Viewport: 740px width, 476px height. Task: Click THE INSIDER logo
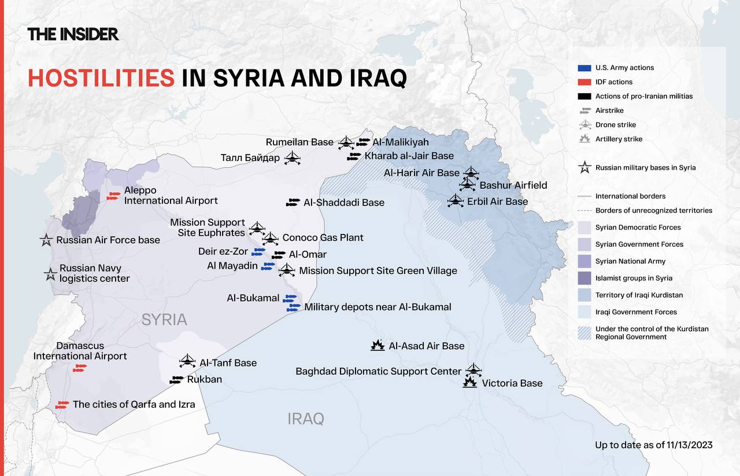pyautogui.click(x=73, y=34)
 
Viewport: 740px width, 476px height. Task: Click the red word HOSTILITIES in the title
pyautogui.click(x=101, y=78)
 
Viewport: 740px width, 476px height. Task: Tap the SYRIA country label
pyautogui.click(x=164, y=320)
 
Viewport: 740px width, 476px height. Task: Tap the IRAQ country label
pyautogui.click(x=306, y=419)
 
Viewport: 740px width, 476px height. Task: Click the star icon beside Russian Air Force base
pyautogui.click(x=46, y=240)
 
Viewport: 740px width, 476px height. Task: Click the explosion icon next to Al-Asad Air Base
pyautogui.click(x=378, y=346)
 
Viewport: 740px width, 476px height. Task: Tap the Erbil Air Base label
pyautogui.click(x=497, y=202)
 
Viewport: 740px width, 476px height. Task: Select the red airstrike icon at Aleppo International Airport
pyautogui.click(x=113, y=196)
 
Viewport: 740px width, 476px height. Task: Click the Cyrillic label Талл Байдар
pyautogui.click(x=250, y=158)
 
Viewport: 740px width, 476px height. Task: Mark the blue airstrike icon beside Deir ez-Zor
pyautogui.click(x=258, y=252)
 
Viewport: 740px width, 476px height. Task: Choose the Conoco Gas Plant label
pyautogui.click(x=323, y=237)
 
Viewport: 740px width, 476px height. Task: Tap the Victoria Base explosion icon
pyautogui.click(x=470, y=382)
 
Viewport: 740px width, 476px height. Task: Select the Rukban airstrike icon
pyautogui.click(x=177, y=380)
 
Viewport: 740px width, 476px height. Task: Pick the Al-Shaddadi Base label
pyautogui.click(x=343, y=203)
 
